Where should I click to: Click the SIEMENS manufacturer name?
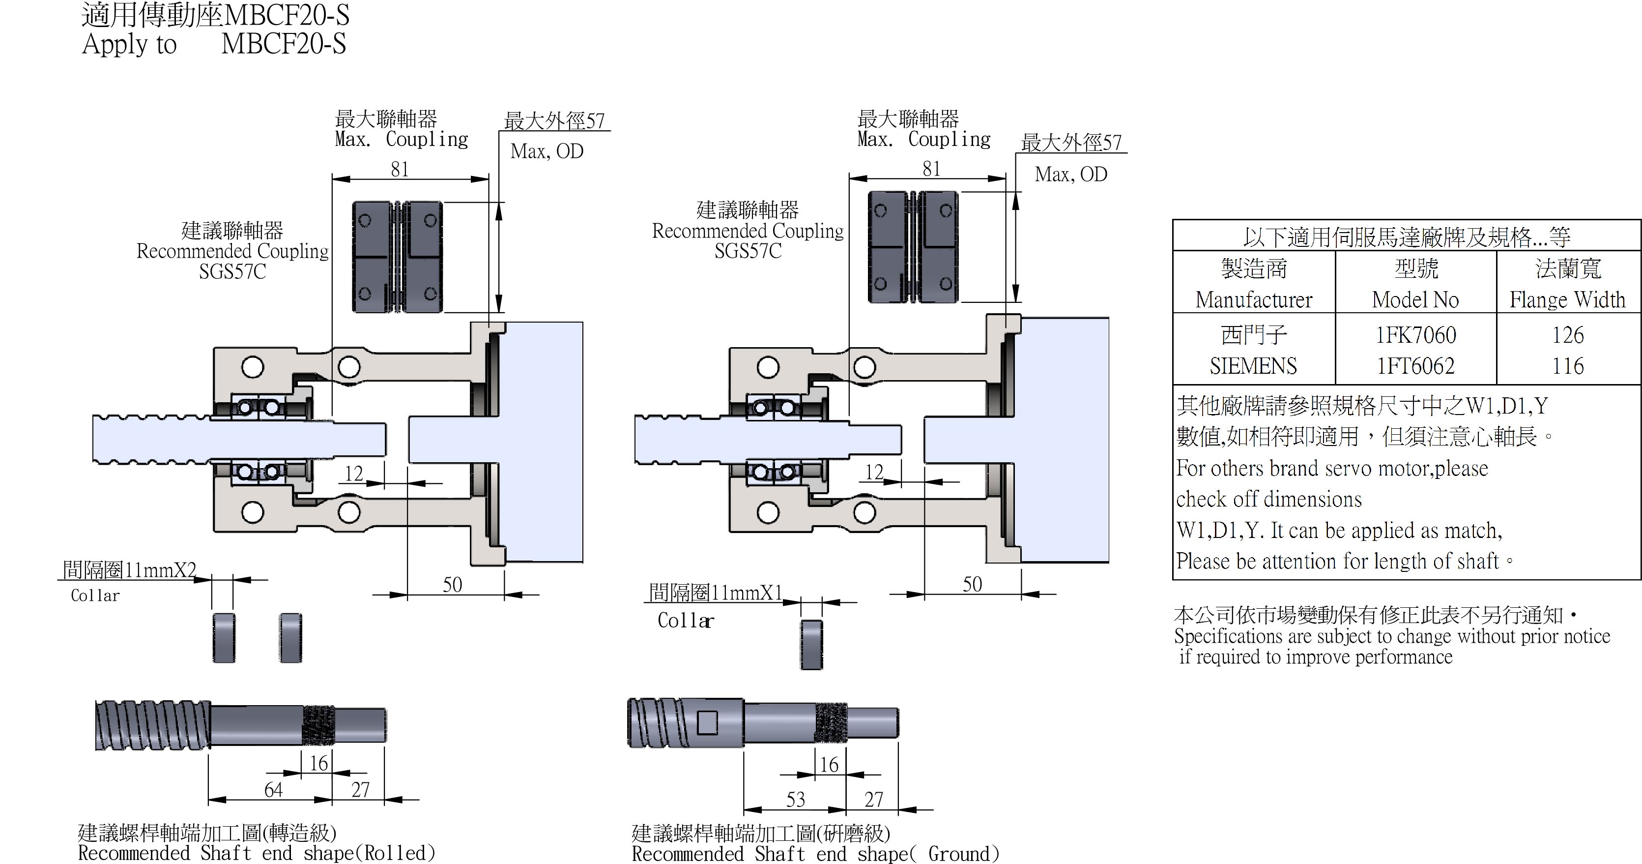click(x=1253, y=366)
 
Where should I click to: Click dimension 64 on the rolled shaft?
click(x=273, y=789)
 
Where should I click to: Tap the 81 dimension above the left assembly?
click(x=399, y=169)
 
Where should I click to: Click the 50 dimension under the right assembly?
click(x=972, y=584)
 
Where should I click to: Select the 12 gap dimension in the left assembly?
click(x=353, y=473)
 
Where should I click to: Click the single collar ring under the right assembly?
click(x=811, y=645)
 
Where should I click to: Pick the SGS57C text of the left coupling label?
click(x=232, y=271)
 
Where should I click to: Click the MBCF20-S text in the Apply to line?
click(x=283, y=44)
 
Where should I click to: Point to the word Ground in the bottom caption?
click(x=959, y=854)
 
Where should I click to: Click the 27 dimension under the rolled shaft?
click(x=360, y=789)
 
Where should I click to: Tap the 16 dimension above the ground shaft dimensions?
click(x=829, y=765)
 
